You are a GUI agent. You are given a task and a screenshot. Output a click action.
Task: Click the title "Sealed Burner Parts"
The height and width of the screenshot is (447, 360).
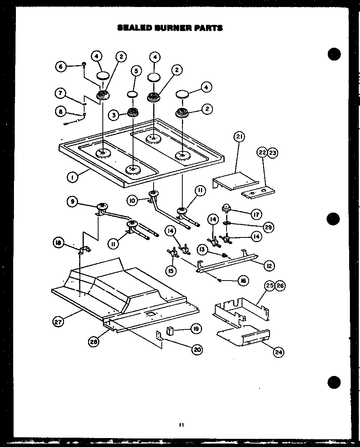click(170, 28)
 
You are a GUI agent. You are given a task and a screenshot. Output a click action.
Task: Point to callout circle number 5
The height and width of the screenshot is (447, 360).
click(136, 71)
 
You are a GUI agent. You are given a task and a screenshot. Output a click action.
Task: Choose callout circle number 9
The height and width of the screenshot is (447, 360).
click(72, 201)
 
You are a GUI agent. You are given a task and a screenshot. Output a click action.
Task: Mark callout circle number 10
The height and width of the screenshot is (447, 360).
click(132, 200)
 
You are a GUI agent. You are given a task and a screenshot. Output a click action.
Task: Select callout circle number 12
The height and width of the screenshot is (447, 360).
click(268, 266)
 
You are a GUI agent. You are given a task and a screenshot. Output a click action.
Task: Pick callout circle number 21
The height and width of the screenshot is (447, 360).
click(239, 137)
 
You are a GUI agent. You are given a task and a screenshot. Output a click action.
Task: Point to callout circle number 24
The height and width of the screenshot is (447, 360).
click(278, 352)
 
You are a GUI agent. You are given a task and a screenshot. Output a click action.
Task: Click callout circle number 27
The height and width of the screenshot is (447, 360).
click(58, 321)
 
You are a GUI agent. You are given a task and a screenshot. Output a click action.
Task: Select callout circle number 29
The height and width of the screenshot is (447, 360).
click(268, 225)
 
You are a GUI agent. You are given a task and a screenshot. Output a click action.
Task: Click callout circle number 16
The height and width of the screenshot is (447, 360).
click(243, 281)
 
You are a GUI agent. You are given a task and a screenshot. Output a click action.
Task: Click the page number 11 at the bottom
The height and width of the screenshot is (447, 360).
click(181, 425)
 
